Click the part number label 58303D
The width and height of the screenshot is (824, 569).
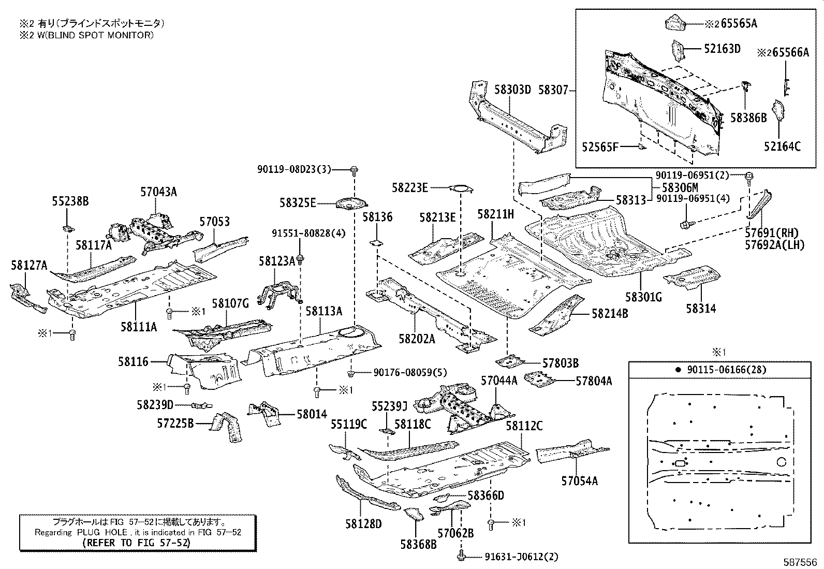click(512, 90)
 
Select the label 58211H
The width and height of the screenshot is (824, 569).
click(495, 214)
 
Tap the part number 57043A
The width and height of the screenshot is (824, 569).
click(158, 192)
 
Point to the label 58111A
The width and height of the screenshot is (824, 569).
click(139, 327)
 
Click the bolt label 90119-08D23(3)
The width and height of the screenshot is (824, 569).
click(294, 169)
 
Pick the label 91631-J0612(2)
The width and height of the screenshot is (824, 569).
click(521, 557)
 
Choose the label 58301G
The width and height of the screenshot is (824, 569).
click(643, 297)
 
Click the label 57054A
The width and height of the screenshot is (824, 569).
click(579, 481)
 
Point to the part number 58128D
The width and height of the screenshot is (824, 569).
click(363, 524)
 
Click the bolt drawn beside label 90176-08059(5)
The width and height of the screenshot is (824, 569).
click(350, 372)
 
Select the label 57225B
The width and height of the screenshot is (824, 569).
click(175, 424)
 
